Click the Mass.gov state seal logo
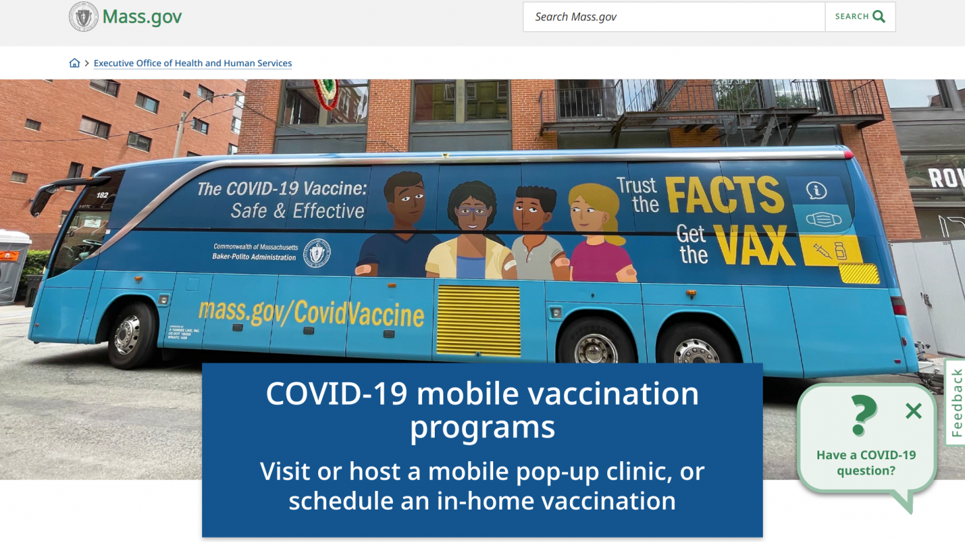pyautogui.click(x=84, y=17)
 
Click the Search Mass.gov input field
pyautogui.click(x=673, y=17)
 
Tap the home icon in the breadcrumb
pyautogui.click(x=74, y=63)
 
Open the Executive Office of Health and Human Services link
pyautogui.click(x=193, y=64)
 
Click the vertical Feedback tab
pyautogui.click(x=956, y=403)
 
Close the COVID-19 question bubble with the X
pyautogui.click(x=913, y=411)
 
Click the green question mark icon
pyautogui.click(x=863, y=415)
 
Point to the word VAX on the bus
pyautogui.click(x=755, y=245)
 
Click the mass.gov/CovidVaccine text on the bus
pyautogui.click(x=311, y=313)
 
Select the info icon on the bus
pyautogui.click(x=817, y=191)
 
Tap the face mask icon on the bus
pyautogui.click(x=822, y=219)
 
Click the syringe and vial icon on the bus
pyautogui.click(x=829, y=251)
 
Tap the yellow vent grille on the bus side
pyautogui.click(x=478, y=321)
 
